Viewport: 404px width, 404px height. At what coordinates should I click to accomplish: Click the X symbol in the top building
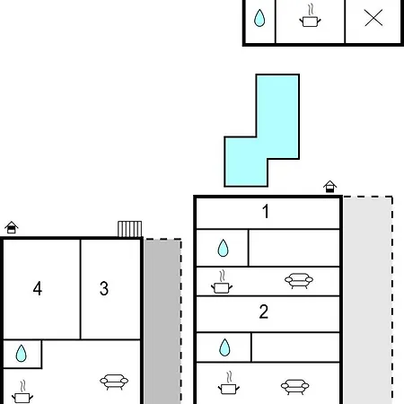click(373, 18)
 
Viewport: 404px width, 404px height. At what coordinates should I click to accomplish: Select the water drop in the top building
click(259, 18)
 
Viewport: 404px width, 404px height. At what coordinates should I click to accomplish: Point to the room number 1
click(266, 211)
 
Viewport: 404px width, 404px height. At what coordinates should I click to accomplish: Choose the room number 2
click(264, 312)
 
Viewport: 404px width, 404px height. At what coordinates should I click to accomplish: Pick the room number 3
click(104, 288)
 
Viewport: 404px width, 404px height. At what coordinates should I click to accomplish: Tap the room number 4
click(38, 289)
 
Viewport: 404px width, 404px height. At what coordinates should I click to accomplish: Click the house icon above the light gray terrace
click(329, 187)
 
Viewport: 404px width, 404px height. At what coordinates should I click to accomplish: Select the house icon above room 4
click(12, 227)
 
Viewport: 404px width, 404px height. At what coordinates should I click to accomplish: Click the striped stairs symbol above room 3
click(129, 229)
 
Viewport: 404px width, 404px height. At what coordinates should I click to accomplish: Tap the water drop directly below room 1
click(223, 248)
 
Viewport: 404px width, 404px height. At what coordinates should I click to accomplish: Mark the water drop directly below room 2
click(224, 347)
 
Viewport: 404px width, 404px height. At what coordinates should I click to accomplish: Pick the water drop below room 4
click(21, 354)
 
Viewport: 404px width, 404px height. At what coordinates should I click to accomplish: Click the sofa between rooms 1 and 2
click(299, 280)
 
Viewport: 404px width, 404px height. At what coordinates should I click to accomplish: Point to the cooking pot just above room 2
click(222, 282)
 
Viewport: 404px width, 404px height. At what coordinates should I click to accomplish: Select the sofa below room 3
click(114, 382)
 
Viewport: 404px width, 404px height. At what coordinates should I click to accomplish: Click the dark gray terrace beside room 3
click(162, 321)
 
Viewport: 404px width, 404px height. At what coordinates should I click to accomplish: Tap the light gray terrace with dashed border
click(368, 300)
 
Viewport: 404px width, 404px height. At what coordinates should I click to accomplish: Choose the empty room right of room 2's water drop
click(295, 347)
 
